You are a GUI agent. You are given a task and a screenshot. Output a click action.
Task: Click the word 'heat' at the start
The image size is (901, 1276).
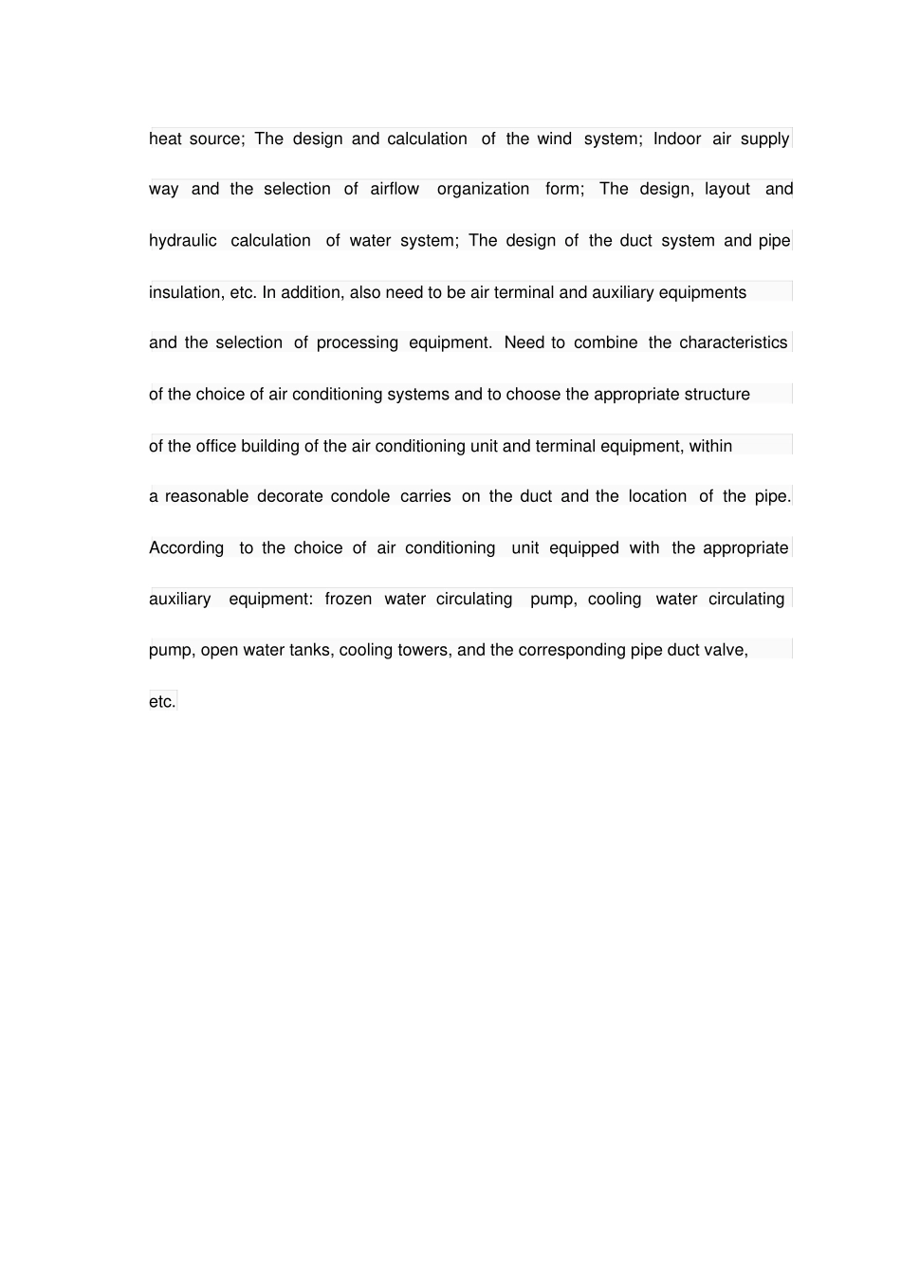coord(165,139)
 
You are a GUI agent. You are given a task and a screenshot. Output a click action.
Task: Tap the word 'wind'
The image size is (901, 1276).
coord(554,139)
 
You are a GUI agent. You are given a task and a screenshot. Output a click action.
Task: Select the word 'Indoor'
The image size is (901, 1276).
coord(676,139)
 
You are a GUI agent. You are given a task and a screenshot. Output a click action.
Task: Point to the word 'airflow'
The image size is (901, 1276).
coord(395,190)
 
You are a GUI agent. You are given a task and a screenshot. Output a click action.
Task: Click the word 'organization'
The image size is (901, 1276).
coord(483,190)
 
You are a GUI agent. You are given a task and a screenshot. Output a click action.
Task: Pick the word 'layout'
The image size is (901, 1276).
coord(727,190)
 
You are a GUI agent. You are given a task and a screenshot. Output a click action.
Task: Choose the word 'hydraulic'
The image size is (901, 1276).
coord(182,241)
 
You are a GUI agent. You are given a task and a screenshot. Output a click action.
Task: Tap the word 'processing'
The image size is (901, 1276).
coord(357,343)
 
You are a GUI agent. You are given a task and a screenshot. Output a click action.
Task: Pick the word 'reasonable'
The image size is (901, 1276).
coord(206,497)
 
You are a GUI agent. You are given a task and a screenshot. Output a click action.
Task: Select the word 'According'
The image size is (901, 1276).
coord(186,548)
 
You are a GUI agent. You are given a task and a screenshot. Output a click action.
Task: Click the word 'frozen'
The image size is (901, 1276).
coord(348,600)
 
